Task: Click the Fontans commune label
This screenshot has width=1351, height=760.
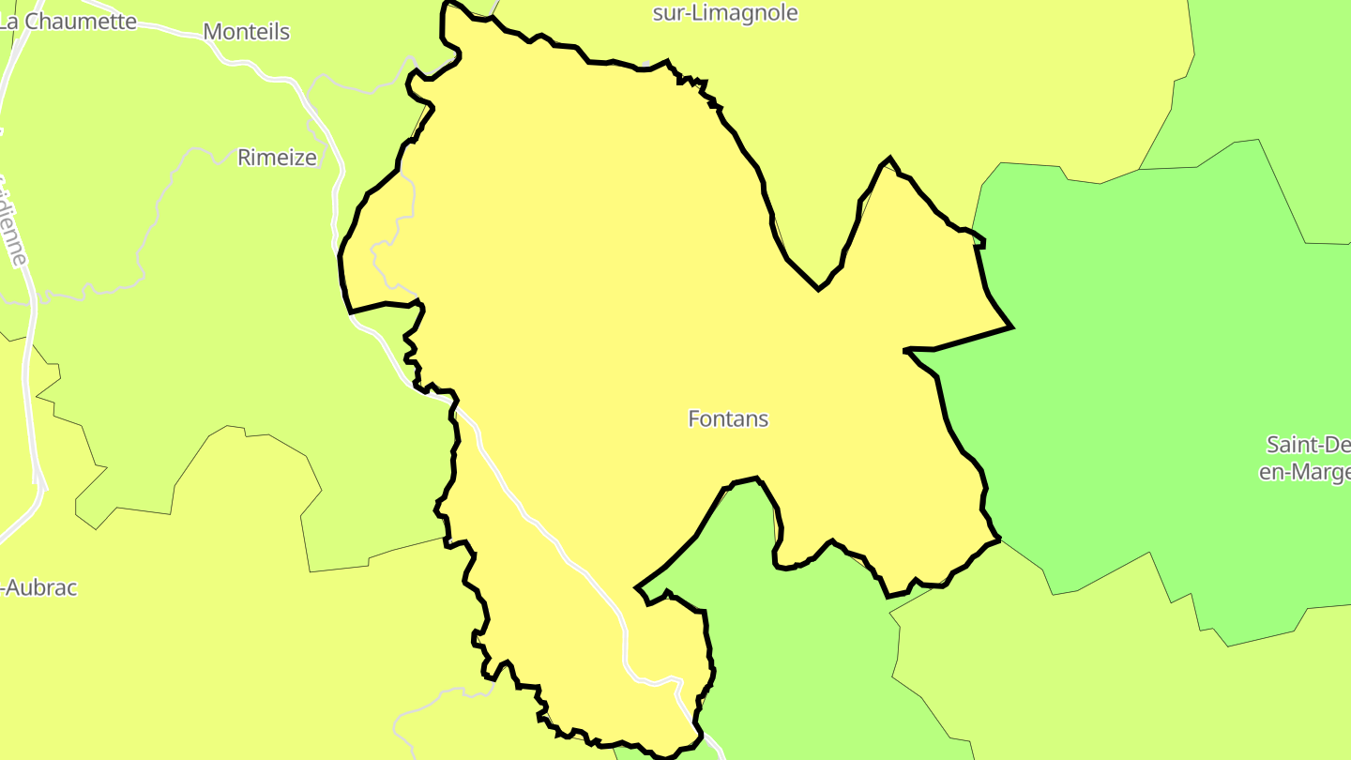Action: point(728,418)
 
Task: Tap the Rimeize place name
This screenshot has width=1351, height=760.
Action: point(277,158)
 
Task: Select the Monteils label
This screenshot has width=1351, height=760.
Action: point(246,32)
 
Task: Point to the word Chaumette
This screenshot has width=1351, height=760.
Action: point(82,22)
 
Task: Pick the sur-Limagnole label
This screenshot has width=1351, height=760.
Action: point(725,13)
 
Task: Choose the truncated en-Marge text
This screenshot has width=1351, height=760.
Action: point(1304,472)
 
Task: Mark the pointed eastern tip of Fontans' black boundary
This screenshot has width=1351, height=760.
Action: point(1011,327)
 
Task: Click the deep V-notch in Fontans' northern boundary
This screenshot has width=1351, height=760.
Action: point(819,289)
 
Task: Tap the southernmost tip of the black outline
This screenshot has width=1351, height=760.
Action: point(664,756)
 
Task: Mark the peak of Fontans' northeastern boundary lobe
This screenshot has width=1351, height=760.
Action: point(888,159)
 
